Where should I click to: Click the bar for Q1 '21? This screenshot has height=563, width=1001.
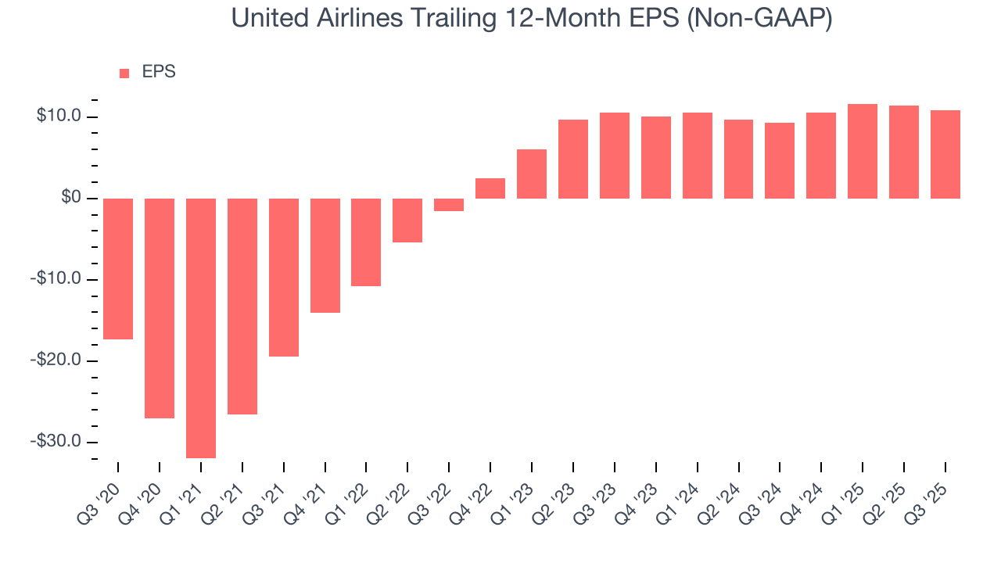(x=201, y=328)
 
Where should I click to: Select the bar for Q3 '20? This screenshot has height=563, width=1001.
(x=118, y=268)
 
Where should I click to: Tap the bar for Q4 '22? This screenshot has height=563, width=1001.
(x=490, y=188)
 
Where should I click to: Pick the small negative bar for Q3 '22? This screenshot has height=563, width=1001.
(x=449, y=205)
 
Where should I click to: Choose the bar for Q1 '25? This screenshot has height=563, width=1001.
(x=863, y=151)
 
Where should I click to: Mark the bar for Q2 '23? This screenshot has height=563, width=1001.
(x=573, y=159)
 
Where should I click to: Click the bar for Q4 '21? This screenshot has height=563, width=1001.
(x=325, y=255)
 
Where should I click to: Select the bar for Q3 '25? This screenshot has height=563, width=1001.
(x=945, y=154)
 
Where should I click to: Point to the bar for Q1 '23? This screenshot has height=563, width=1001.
(x=532, y=174)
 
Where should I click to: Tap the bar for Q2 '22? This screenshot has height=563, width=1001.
(x=407, y=220)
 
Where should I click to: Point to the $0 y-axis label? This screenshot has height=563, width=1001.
(x=70, y=199)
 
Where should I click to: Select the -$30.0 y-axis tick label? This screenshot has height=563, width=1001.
(x=56, y=442)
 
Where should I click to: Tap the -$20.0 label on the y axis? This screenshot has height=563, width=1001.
(x=56, y=360)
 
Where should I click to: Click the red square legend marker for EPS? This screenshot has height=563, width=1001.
(x=124, y=74)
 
